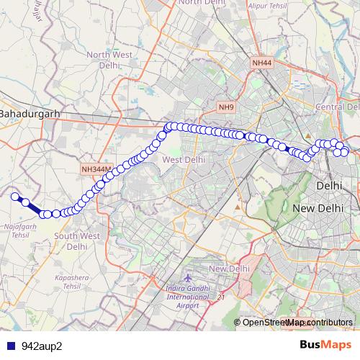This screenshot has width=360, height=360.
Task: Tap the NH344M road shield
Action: point(96,169)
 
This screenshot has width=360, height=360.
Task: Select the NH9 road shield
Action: point(226,107)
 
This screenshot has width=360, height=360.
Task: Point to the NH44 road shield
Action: point(262,64)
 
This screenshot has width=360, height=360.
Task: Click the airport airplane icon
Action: point(188,278)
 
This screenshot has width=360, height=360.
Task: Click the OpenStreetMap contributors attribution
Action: point(297,323)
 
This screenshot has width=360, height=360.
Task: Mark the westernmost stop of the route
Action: point(14,195)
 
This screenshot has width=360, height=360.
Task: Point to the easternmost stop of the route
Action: point(345,151)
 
